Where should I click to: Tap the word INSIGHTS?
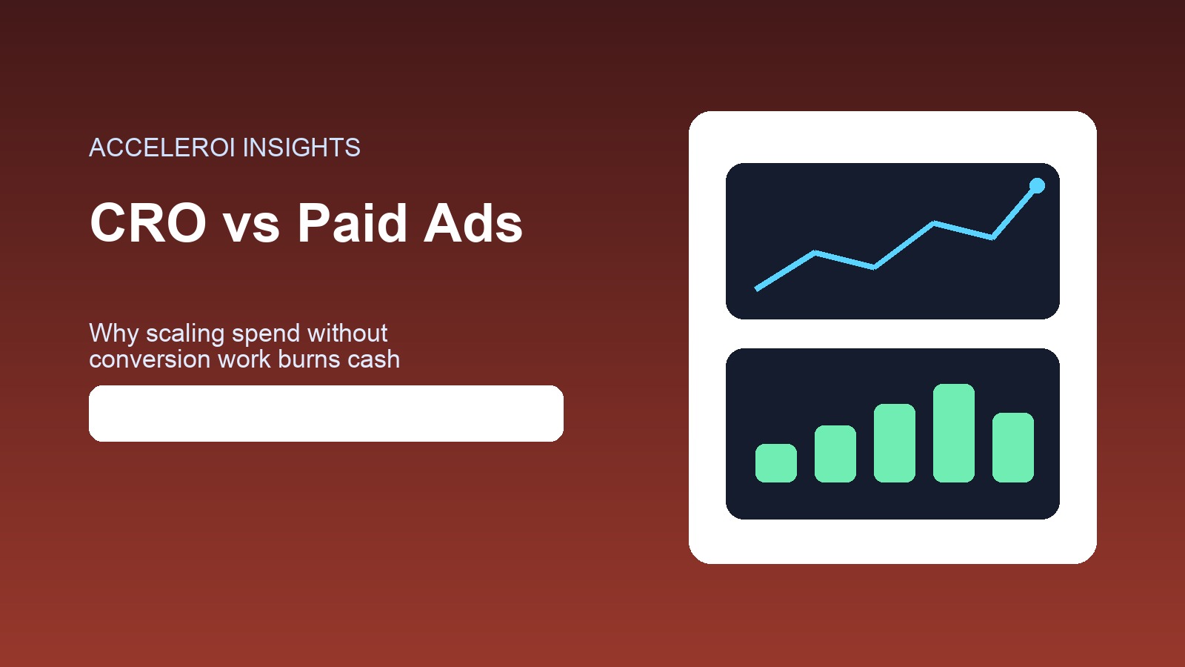point(301,147)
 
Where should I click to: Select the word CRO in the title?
point(148,223)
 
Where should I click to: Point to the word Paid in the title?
point(353,223)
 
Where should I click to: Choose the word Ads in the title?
point(473,223)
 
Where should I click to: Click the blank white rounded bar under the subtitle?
point(326,414)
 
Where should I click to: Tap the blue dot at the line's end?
point(1037,185)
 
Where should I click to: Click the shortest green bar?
point(776,463)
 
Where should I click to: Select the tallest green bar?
point(954,433)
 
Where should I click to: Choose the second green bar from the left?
point(835,454)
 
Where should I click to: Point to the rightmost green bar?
point(1013,448)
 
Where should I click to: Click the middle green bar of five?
point(895,443)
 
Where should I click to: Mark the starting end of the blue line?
point(757,288)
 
